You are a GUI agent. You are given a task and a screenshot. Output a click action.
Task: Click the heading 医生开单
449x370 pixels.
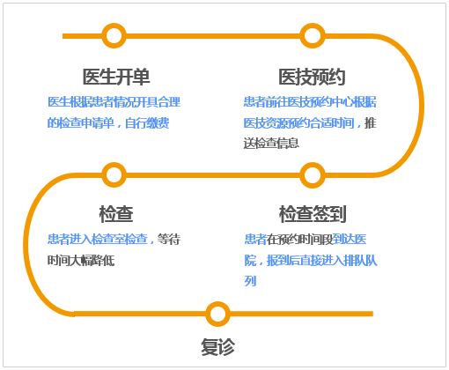coord(116,77)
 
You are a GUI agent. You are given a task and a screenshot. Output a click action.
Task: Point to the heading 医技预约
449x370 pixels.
coord(312,77)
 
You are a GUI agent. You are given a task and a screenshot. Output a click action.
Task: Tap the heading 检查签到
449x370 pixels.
coord(313,214)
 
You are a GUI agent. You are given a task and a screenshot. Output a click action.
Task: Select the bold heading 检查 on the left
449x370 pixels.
coord(116,214)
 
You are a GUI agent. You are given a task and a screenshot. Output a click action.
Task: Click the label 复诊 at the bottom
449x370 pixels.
coord(217,347)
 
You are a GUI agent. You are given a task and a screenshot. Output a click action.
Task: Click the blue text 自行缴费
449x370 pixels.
coord(147,123)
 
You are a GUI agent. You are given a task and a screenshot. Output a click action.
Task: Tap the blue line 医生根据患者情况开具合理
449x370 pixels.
coord(114,102)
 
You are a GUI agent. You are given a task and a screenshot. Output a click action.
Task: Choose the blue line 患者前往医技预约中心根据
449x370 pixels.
coord(310,102)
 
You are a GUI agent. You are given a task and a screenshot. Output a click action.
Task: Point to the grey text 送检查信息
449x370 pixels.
coord(271,144)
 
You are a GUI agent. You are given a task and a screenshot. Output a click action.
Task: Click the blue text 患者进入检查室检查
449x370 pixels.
coord(98,239)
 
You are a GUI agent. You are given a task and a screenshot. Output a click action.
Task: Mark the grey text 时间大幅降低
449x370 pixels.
coord(81,260)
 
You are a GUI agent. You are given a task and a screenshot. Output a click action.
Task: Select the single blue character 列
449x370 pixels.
coord(250,281)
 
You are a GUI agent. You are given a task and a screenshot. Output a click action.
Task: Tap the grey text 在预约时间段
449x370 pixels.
coord(299,239)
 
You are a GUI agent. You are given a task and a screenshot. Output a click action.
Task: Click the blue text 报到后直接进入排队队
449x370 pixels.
coord(321,260)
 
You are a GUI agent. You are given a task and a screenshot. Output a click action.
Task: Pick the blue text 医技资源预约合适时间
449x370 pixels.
coord(298,123)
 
